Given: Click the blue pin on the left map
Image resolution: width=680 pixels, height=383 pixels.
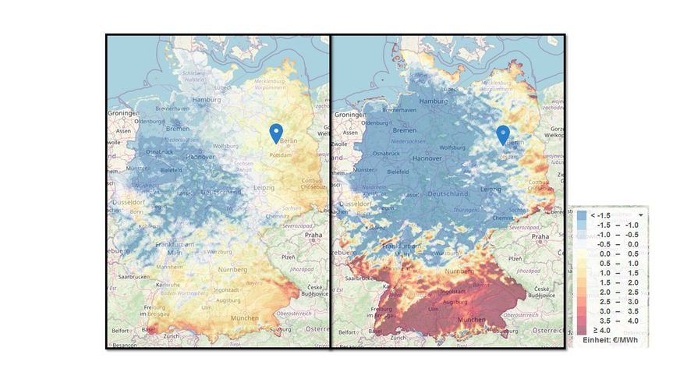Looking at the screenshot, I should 275,133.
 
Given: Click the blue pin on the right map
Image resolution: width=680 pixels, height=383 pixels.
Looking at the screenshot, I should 503,134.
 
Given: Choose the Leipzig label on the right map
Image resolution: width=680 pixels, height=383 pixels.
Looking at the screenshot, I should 491,189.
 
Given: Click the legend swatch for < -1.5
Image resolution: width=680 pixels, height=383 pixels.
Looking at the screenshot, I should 582,215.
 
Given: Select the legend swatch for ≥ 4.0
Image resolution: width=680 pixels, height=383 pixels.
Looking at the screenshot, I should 582,331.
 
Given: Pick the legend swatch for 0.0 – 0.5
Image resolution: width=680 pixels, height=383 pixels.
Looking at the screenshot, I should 582,254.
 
